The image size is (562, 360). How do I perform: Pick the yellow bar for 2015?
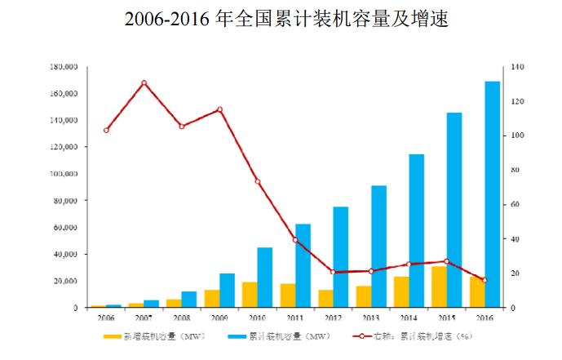439,287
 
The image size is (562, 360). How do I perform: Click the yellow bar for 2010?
250,295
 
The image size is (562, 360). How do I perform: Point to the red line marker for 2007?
144,82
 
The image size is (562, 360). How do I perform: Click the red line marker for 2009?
219,109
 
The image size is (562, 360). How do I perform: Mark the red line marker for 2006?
106,130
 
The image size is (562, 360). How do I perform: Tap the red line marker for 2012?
333,272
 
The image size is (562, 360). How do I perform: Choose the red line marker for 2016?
485,280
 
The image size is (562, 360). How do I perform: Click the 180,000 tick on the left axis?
64,67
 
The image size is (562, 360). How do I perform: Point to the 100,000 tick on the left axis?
64,174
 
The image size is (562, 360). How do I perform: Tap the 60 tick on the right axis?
517,205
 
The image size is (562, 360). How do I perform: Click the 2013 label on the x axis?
371,317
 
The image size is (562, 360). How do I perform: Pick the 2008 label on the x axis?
182,317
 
